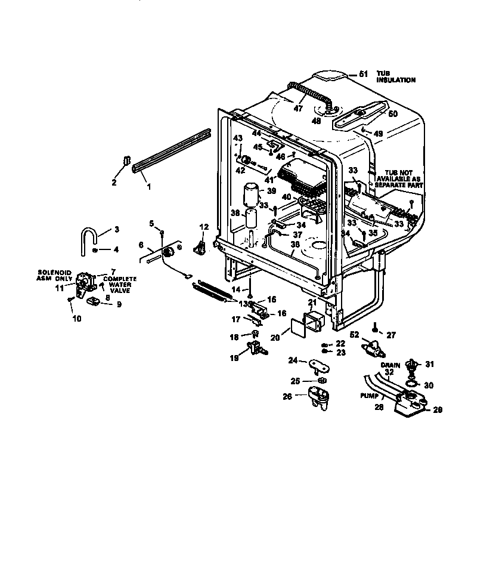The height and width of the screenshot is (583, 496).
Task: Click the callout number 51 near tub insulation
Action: (x=364, y=74)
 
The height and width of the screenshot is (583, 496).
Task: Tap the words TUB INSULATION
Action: (x=395, y=76)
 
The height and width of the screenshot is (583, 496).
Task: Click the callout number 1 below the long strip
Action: (x=148, y=187)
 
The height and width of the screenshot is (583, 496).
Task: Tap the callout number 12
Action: (x=203, y=227)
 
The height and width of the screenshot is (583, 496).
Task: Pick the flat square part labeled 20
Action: (x=296, y=328)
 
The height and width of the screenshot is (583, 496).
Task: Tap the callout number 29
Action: (x=438, y=411)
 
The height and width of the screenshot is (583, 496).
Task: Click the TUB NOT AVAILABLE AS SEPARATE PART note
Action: (x=398, y=177)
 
